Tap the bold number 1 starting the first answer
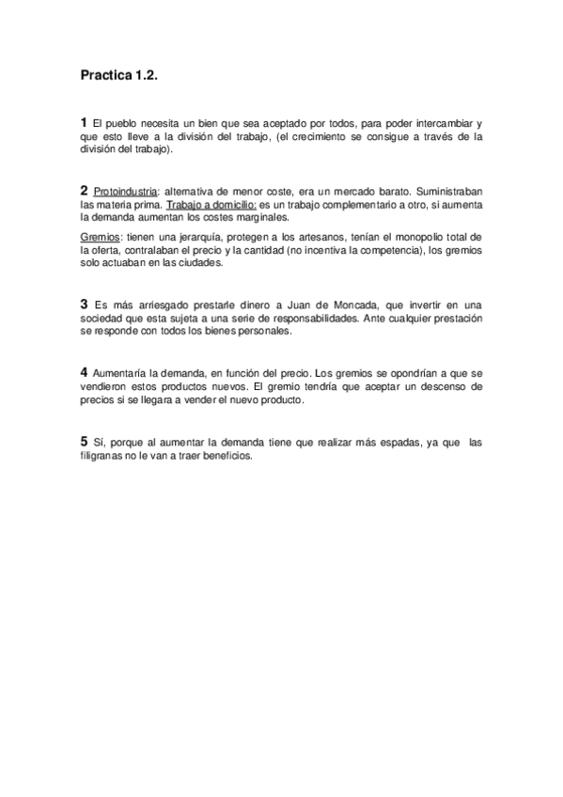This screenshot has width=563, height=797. (84, 122)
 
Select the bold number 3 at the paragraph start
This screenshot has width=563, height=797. (84, 304)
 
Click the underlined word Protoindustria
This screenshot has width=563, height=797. (126, 190)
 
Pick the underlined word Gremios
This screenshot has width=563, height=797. (101, 235)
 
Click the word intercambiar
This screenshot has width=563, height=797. (442, 123)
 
